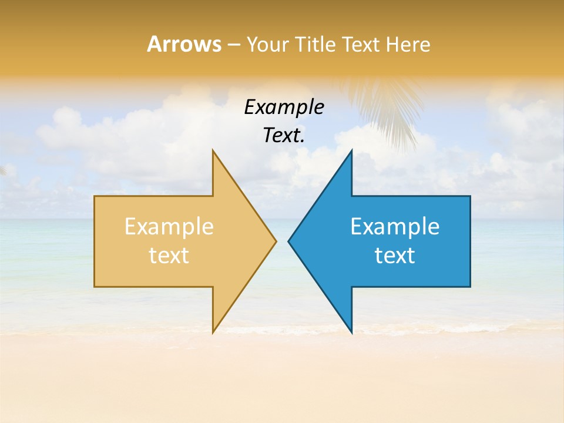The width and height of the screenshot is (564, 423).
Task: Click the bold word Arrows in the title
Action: click(184, 44)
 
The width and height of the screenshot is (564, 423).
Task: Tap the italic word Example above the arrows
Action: click(284, 107)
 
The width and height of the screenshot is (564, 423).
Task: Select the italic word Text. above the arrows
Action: click(284, 135)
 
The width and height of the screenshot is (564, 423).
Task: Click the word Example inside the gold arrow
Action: click(169, 227)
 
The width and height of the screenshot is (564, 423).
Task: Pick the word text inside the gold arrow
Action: click(169, 256)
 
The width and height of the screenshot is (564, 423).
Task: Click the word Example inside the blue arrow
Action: click(395, 227)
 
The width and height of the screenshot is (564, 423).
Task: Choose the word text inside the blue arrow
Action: click(395, 256)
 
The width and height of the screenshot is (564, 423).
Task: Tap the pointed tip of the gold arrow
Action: click(275, 241)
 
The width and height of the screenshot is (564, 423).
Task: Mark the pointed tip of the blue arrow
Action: click(289, 241)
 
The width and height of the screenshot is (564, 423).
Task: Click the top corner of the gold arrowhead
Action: click(213, 152)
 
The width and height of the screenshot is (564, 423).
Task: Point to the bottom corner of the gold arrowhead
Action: click(213, 332)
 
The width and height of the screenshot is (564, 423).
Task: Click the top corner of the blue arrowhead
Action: click(351, 152)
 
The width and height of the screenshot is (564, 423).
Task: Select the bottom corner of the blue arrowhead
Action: click(351, 332)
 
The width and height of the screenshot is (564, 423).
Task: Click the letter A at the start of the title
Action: click(154, 44)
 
